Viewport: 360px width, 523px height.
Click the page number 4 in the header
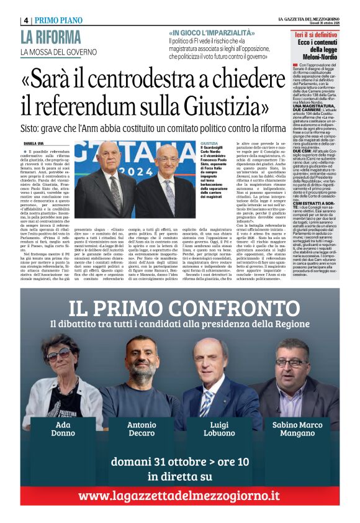(26, 20)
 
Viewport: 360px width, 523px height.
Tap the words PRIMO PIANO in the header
(58, 20)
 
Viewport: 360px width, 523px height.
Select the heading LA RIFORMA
(51, 37)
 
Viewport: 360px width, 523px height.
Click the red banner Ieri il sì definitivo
(316, 35)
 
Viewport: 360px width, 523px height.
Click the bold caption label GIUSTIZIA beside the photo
(209, 143)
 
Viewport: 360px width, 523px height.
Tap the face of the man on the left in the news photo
(108, 156)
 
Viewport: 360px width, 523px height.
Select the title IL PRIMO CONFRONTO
(180, 308)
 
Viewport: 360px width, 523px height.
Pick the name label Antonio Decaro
(142, 429)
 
